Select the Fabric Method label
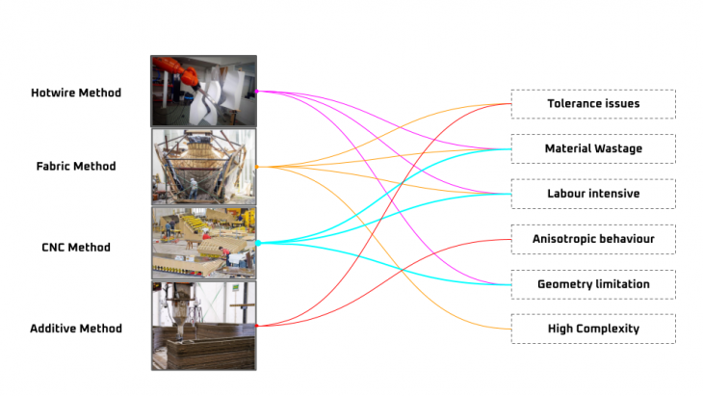pyautogui.click(x=76, y=166)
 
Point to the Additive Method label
pyautogui.click(x=76, y=329)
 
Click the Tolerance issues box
pyautogui.click(x=593, y=104)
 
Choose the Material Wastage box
pyautogui.click(x=593, y=148)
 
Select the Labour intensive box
pyautogui.click(x=593, y=194)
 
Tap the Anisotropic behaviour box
pyautogui.click(x=593, y=238)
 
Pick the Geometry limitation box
pyautogui.click(x=593, y=284)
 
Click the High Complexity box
pyautogui.click(x=593, y=329)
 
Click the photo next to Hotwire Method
pyautogui.click(x=204, y=91)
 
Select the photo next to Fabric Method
pyautogui.click(x=204, y=166)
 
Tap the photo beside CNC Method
pyautogui.click(x=204, y=243)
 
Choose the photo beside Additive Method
pyautogui.click(x=204, y=326)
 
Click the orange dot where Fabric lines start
pyautogui.click(x=257, y=167)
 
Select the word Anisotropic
pyautogui.click(x=567, y=238)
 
